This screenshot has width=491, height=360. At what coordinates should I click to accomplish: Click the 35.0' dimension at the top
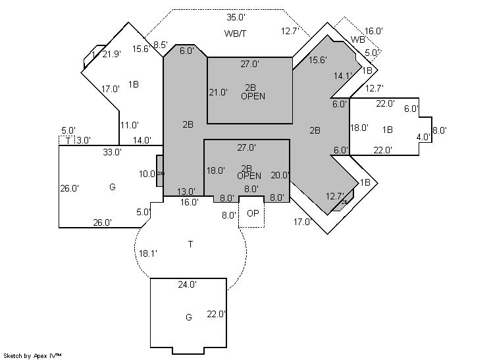coord(236,17)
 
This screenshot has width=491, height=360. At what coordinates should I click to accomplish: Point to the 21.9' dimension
coord(111,54)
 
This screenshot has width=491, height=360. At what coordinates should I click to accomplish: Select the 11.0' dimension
coord(129,124)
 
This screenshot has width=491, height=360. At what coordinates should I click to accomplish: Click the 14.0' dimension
coord(142,140)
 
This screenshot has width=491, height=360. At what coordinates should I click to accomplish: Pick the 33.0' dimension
coord(112,152)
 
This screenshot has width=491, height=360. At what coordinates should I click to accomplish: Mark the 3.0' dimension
coord(84,140)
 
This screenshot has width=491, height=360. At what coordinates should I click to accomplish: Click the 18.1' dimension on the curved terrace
coord(147,253)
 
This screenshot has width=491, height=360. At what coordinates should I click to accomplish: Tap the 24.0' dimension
coord(188,285)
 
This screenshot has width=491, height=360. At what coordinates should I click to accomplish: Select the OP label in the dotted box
coord(252,214)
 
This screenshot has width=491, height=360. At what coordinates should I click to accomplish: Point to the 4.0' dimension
coord(423,138)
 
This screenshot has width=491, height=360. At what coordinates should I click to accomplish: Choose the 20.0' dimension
coord(280,175)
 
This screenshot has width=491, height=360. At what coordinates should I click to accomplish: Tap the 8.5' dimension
coord(160,45)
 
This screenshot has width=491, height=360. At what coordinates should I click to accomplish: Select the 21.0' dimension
coord(217,92)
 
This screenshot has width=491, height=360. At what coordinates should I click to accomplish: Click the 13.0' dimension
coord(186,192)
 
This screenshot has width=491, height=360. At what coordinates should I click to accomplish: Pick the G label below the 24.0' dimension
coord(188,317)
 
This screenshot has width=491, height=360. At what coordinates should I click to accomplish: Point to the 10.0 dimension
coord(147,174)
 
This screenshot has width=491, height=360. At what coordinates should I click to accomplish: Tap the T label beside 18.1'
coord(190,244)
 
